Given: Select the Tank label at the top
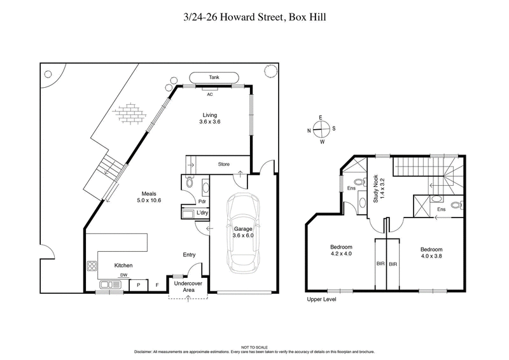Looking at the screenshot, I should (x=214, y=78).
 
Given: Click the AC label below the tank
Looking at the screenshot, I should (x=209, y=93).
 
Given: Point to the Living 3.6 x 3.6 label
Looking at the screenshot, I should (x=209, y=118).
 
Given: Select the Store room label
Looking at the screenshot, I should (x=223, y=163).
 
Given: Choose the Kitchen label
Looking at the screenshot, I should (x=123, y=265).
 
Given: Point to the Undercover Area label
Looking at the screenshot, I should (x=188, y=286).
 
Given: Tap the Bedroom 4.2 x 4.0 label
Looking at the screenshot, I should (x=341, y=250).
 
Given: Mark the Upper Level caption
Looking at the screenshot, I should (x=321, y=299).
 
